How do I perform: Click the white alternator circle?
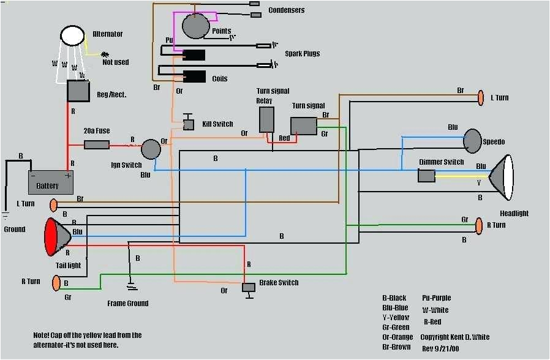pyautogui.click(x=72, y=36)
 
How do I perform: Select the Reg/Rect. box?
pyautogui.click(x=79, y=91)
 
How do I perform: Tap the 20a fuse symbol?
pyautogui.click(x=96, y=145)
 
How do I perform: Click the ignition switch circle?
pyautogui.click(x=151, y=149)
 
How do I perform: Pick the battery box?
pyautogui.click(x=50, y=182)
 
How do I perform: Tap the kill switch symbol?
pyautogui.click(x=189, y=124)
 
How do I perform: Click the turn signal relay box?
pyautogui.click(x=266, y=119)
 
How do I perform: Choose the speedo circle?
pyautogui.click(x=473, y=141)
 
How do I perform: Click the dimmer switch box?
pyautogui.click(x=426, y=176)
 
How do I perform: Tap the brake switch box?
pyautogui.click(x=249, y=287)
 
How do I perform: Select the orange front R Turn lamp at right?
pyautogui.click(x=478, y=226)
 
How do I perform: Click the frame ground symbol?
pyautogui.click(x=130, y=285)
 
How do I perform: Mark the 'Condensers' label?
pyautogui.click(x=286, y=10)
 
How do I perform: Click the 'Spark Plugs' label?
pyautogui.click(x=302, y=54)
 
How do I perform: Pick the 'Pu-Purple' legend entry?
pyautogui.click(x=436, y=298)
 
